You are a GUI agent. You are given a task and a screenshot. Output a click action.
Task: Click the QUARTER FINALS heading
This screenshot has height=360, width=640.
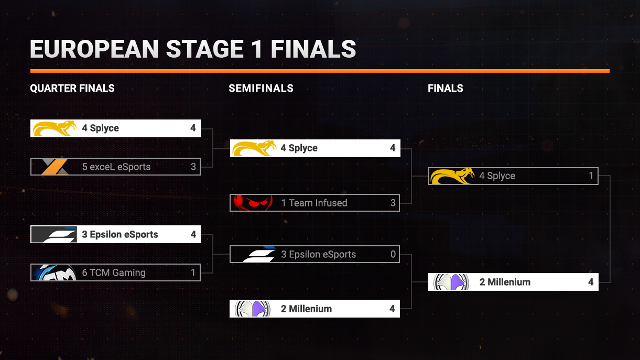point(72,88)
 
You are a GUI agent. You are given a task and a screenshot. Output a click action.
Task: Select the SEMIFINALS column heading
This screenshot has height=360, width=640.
point(261,88)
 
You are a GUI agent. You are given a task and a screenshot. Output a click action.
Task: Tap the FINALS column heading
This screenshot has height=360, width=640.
point(446,88)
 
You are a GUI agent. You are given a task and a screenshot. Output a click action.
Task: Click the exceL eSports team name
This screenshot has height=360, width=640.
point(116,167)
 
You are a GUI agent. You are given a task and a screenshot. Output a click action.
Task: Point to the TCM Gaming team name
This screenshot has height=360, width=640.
point(114,272)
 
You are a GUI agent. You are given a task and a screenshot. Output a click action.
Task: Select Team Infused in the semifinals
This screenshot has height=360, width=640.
point(314,203)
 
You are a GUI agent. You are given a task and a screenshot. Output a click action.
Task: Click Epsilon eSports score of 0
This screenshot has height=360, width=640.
point(393,255)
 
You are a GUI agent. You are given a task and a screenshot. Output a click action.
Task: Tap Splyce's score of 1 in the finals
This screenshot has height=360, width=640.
point(591,176)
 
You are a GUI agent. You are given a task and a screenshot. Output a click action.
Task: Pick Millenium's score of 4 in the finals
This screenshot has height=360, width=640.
point(591,282)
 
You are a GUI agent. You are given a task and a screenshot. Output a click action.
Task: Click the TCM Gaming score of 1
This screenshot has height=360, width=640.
point(193,272)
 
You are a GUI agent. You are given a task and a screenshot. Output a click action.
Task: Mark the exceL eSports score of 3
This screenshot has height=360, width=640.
point(193,167)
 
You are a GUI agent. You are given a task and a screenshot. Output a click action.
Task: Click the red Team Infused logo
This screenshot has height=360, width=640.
point(253,203)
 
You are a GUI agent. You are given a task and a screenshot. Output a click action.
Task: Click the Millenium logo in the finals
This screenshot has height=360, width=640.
point(451,282)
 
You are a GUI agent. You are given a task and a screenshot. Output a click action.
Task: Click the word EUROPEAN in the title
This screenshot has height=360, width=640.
point(94,49)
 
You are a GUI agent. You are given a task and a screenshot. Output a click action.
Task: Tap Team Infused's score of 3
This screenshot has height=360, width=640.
point(393,203)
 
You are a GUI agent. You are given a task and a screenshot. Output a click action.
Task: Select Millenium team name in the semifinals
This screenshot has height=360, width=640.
point(306,309)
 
